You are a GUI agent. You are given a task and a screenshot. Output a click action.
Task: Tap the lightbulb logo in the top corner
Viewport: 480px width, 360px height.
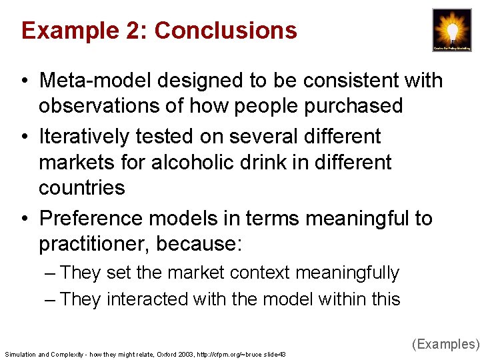pyautogui.click(x=451, y=30)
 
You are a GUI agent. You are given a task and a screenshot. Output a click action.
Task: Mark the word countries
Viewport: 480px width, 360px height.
pyautogui.click(x=82, y=187)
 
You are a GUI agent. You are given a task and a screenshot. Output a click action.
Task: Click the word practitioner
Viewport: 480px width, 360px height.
pyautogui.click(x=94, y=244)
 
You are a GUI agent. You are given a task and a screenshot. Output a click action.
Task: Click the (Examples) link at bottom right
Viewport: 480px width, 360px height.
pyautogui.click(x=445, y=344)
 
